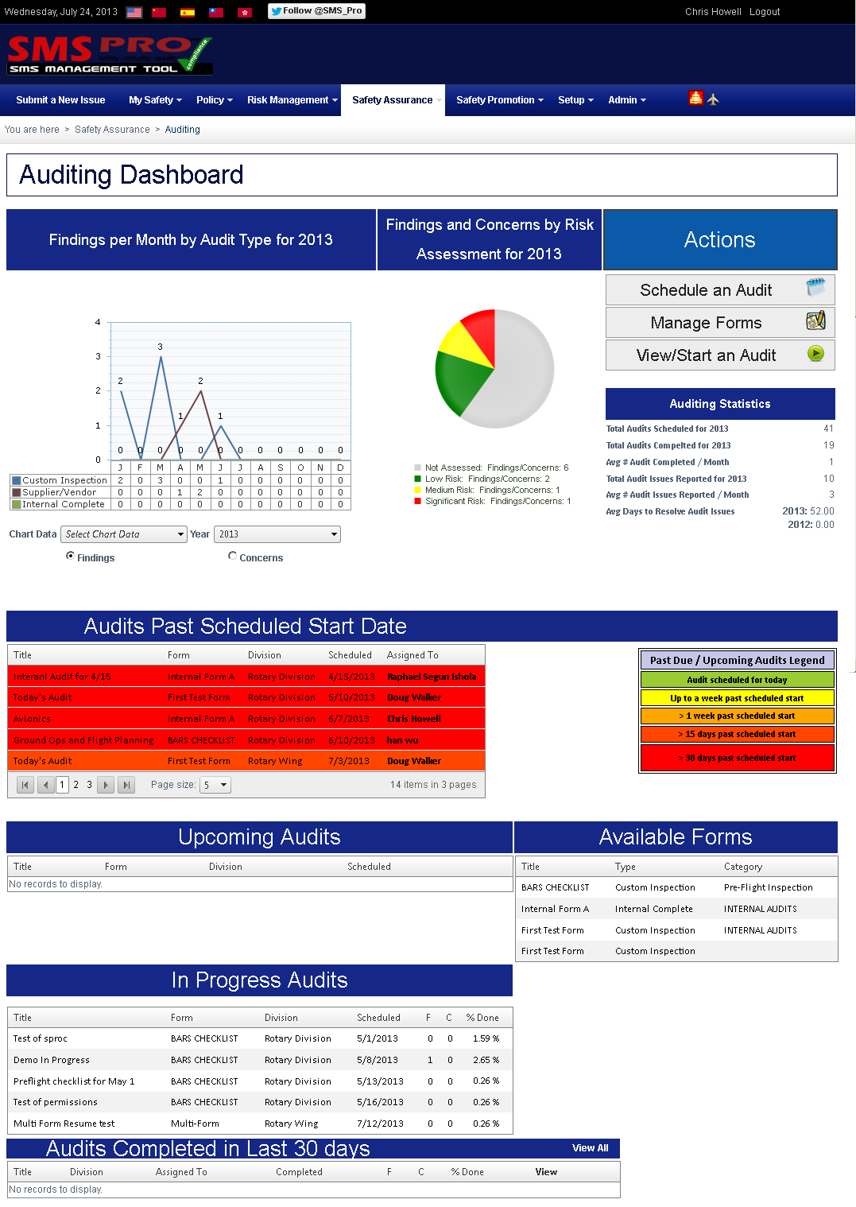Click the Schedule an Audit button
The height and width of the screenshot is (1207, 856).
click(x=719, y=290)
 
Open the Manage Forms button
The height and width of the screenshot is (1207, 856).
click(x=719, y=323)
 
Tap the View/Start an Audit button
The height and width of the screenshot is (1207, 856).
click(x=719, y=355)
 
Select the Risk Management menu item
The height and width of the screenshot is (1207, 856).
click(x=291, y=100)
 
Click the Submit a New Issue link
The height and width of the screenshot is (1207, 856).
click(x=60, y=100)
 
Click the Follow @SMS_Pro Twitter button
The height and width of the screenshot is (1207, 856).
click(x=316, y=11)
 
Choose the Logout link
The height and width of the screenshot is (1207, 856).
click(x=765, y=12)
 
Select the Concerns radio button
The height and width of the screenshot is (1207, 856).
click(x=233, y=557)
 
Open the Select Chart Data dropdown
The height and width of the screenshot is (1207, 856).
click(x=125, y=534)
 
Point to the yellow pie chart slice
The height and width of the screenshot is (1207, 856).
click(x=463, y=344)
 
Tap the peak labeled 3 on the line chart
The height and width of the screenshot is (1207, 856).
click(x=161, y=357)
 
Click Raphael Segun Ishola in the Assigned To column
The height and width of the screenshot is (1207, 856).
click(x=432, y=677)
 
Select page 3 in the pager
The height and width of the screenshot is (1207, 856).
click(x=90, y=785)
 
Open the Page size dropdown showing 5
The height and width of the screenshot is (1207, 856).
click(x=215, y=785)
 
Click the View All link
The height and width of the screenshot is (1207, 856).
click(x=590, y=1148)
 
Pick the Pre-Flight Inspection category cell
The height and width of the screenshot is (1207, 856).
click(x=768, y=888)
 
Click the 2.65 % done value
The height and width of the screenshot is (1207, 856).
click(x=486, y=1060)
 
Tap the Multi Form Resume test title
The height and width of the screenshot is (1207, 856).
click(x=64, y=1124)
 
